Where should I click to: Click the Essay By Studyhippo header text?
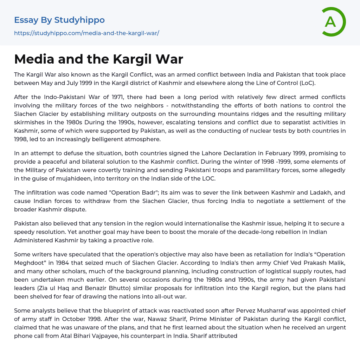pyautogui.click(x=59, y=20)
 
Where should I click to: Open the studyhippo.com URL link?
pyautogui.click(x=86, y=33)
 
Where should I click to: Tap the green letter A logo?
pyautogui.click(x=330, y=22)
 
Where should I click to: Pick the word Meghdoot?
pyautogui.click(x=28, y=263)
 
